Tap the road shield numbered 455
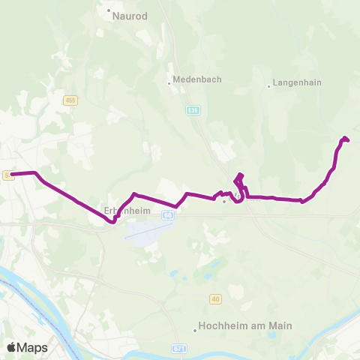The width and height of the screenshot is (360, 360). point(70,100)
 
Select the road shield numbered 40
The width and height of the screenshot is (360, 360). point(216,299)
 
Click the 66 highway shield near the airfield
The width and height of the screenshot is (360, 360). point(168,214)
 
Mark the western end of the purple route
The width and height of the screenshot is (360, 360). point(12,175)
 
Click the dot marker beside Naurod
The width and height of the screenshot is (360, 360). point(109,11)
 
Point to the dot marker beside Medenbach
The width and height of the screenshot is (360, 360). point(169,83)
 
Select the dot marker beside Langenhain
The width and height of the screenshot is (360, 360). point(268,86)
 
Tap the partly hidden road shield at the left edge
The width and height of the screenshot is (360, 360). point(5,175)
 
